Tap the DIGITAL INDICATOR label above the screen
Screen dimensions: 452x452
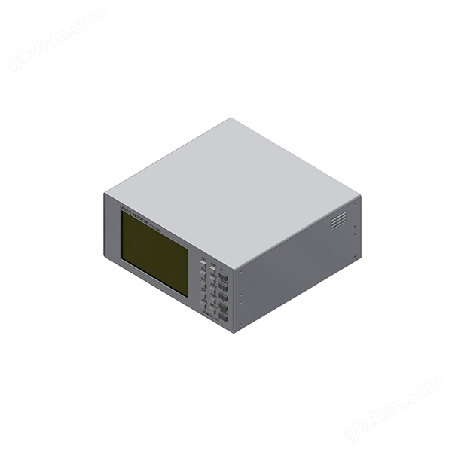pos(151,209)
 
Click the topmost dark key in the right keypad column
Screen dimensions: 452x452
pos(224,276)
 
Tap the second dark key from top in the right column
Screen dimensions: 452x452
pos(224,287)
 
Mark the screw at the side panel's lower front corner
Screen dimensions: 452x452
pos(241,324)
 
